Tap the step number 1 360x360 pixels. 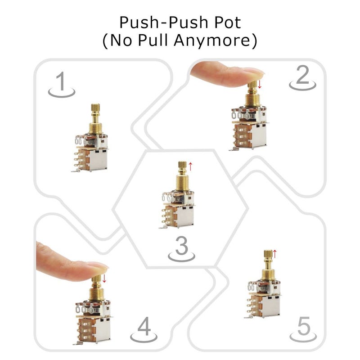point(61,83)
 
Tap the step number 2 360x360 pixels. point(303,77)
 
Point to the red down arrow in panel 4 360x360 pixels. point(104,279)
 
